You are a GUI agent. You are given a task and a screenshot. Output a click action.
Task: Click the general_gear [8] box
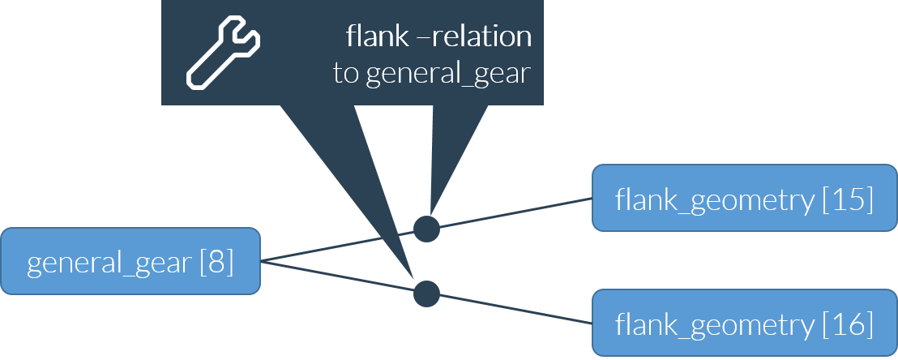(130, 261)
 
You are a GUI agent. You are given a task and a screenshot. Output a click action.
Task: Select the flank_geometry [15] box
(744, 198)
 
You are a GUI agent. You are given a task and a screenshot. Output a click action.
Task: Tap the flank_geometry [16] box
(744, 324)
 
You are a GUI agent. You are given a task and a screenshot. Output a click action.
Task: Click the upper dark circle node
(426, 229)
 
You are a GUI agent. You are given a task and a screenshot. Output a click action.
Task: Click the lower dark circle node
(426, 294)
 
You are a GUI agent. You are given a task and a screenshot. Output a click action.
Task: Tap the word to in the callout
(346, 75)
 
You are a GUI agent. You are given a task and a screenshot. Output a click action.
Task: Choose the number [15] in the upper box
(848, 199)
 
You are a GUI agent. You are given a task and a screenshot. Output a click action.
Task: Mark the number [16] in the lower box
(848, 325)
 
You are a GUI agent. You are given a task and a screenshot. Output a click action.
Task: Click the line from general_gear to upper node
(340, 246)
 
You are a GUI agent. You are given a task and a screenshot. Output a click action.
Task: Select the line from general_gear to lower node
(340, 277)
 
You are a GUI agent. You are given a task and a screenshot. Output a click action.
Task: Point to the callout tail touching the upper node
(442, 162)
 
